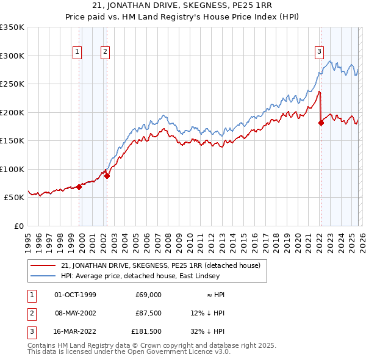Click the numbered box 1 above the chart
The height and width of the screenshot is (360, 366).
pos(78,52)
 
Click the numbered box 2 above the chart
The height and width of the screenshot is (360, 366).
pos(105,52)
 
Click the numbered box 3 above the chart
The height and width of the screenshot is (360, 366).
pos(319,52)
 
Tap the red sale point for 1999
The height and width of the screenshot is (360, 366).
pos(79,187)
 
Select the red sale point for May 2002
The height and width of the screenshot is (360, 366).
pos(107,176)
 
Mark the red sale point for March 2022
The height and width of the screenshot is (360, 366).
pos(321,123)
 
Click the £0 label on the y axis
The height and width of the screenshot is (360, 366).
pos(18,226)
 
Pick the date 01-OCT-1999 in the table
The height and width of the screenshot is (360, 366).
pos(75,295)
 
